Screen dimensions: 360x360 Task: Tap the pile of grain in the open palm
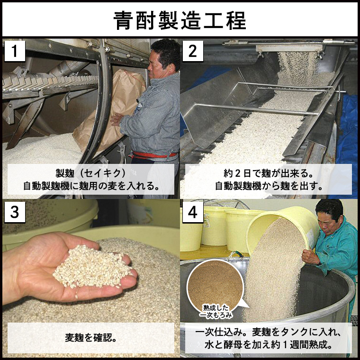pyautogui.click(x=90, y=268)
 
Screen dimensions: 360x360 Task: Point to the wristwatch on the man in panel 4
pyautogui.click(x=319, y=263)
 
